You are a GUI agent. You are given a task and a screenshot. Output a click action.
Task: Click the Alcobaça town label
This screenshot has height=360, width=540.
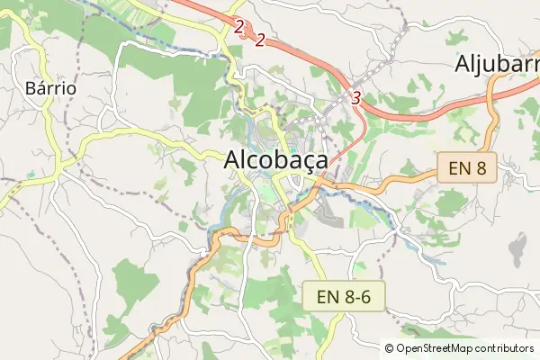click(275, 160)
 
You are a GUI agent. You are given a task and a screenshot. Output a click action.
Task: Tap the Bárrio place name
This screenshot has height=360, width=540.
click(50, 89)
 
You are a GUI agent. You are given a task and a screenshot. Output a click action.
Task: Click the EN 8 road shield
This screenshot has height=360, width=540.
click(467, 167)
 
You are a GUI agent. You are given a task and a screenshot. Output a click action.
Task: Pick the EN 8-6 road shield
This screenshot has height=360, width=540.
click(349, 296)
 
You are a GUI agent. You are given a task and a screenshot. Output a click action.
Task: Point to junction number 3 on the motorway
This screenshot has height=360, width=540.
click(357, 97)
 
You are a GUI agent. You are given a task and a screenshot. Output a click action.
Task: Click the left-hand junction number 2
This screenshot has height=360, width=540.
click(238, 27)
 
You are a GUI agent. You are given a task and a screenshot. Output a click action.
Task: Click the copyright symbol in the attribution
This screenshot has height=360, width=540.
click(390, 348)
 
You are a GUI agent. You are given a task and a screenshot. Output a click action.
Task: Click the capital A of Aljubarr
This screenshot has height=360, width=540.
click(463, 64)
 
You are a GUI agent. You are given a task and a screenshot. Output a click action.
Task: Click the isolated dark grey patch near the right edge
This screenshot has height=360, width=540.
click(517, 246)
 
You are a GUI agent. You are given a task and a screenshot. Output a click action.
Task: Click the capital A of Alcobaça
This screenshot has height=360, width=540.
click(231, 159)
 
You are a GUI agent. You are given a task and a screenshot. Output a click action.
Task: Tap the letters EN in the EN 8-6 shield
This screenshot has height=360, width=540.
click(327, 296)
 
